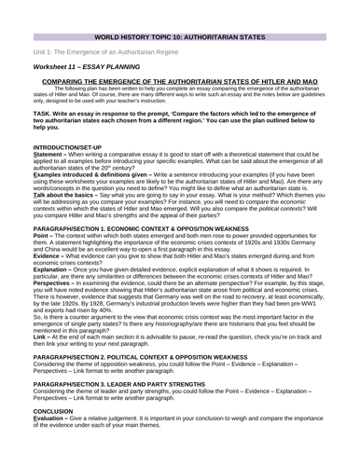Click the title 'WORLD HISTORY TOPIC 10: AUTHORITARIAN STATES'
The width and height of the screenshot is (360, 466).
[180, 17]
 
